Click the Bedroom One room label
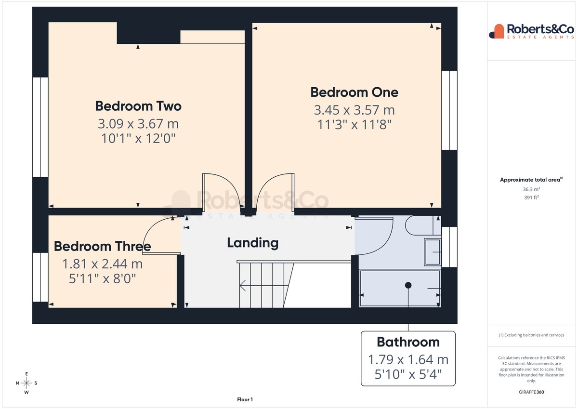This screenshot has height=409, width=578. [x=355, y=92]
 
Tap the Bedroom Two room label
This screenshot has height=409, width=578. [x=138, y=106]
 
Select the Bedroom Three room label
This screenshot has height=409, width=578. [x=103, y=246]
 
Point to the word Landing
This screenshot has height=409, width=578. [x=252, y=243]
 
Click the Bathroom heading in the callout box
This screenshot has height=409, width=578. [x=408, y=342]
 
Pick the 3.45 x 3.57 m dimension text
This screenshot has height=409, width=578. [x=355, y=110]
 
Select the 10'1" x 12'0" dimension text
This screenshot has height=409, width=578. [x=138, y=138]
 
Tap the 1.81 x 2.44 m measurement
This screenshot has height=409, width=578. [x=103, y=264]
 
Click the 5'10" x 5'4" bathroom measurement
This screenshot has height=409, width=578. [x=408, y=374]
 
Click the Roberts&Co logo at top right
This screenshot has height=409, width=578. [x=532, y=31]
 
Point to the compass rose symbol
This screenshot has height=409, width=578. [x=26, y=383]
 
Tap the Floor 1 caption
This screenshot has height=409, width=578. [x=245, y=399]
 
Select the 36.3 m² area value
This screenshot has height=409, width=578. [x=531, y=189]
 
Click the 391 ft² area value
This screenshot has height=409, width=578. [x=531, y=198]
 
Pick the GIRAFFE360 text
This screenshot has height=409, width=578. [x=531, y=392]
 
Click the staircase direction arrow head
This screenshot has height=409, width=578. [x=242, y=285]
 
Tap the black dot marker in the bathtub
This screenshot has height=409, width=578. [x=408, y=285]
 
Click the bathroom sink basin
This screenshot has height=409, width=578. [x=433, y=252]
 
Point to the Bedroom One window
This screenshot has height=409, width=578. [x=449, y=110]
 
